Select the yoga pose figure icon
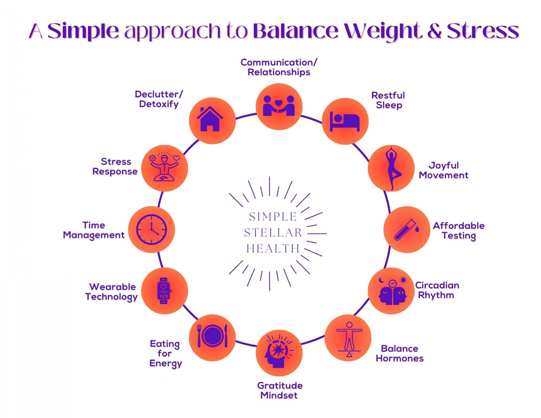(x=392, y=168)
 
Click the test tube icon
(x=406, y=229)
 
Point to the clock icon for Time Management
(x=152, y=229)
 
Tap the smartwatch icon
(x=164, y=291)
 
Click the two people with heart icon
(x=279, y=106)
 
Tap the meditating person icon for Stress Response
(x=164, y=168)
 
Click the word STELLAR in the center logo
(x=273, y=233)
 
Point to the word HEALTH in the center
(x=273, y=249)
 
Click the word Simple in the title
(x=83, y=32)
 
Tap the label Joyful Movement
(x=444, y=170)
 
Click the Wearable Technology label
(x=112, y=292)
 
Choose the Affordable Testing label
(x=459, y=231)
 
